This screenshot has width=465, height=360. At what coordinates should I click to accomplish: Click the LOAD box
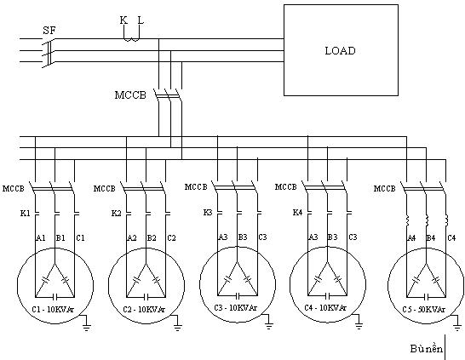click(x=340, y=50)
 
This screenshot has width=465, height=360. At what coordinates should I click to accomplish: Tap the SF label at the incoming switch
click(x=49, y=31)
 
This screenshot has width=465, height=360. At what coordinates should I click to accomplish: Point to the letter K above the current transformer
click(x=124, y=18)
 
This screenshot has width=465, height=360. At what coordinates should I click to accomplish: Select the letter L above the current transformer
click(x=141, y=18)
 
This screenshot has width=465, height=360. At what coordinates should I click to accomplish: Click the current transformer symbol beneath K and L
click(x=132, y=35)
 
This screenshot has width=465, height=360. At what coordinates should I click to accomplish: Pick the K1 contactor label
click(x=25, y=212)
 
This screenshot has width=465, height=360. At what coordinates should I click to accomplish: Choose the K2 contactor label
click(x=117, y=212)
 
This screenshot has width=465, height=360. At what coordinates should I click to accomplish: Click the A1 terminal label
click(x=39, y=239)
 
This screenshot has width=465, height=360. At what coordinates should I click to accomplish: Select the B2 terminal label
click(x=151, y=239)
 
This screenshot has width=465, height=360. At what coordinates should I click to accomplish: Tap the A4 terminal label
click(x=410, y=238)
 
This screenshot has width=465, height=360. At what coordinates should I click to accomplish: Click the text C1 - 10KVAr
click(x=54, y=311)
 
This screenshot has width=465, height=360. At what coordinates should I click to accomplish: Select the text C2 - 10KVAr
click(x=146, y=311)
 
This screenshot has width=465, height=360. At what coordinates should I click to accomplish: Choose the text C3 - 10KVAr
click(x=237, y=311)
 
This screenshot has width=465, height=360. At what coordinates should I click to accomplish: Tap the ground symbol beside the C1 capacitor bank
click(x=86, y=324)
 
